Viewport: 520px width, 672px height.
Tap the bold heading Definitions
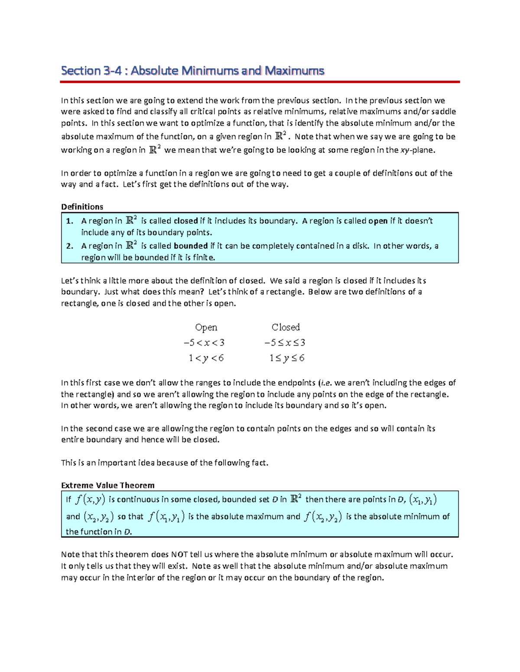82,206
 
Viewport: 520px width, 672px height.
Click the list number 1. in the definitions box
69,221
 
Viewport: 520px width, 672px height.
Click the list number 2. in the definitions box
69,246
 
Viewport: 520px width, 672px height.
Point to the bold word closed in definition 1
185,221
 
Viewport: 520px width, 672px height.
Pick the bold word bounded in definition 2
191,246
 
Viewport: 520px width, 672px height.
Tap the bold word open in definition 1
377,221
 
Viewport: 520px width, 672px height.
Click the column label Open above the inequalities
206,327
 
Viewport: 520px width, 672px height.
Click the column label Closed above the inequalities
286,327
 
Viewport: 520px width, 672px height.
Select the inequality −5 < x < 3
204,343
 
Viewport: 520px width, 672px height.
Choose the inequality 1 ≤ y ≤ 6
286,358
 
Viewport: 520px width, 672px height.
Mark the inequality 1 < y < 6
206,358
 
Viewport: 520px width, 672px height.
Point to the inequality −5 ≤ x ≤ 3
285,343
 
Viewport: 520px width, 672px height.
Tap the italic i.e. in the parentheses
326,383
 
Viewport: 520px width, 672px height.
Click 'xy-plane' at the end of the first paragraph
416,150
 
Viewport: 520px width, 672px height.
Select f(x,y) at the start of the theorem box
90,500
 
